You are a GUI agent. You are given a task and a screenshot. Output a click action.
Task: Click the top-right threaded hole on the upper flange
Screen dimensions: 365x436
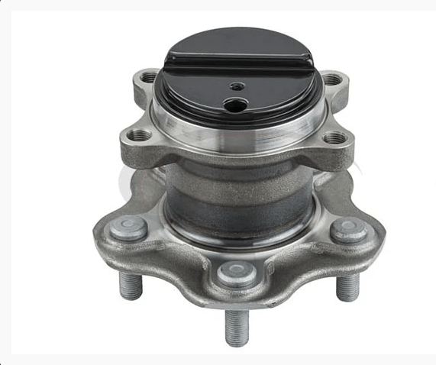pos(331,79)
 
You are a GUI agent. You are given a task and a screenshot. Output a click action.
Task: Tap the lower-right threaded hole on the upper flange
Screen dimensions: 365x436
pos(334,137)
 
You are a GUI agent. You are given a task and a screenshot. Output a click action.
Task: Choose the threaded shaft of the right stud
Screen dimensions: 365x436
pos(348,285)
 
